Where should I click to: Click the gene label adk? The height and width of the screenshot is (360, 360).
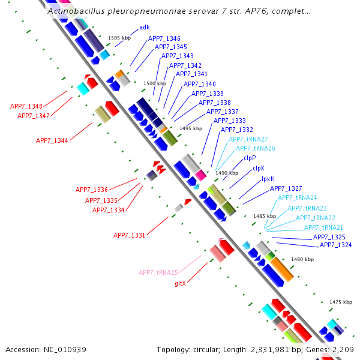(144, 28)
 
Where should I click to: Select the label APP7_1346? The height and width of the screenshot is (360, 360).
(164, 38)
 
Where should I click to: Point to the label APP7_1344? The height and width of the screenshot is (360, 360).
(52, 140)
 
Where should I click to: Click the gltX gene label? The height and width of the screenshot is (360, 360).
(180, 283)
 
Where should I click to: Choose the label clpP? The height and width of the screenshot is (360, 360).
(250, 158)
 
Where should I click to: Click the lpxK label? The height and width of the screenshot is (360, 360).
(268, 179)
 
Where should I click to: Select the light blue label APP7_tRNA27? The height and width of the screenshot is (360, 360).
(248, 139)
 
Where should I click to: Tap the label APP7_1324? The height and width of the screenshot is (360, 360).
(335, 245)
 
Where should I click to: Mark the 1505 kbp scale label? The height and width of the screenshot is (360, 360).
(119, 38)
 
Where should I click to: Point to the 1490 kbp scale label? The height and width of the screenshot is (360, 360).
(227, 173)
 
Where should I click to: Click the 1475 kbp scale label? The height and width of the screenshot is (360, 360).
(341, 302)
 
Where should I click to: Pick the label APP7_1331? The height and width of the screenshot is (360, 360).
(130, 235)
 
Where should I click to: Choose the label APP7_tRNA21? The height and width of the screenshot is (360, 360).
(323, 227)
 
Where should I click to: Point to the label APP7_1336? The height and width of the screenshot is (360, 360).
(92, 190)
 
